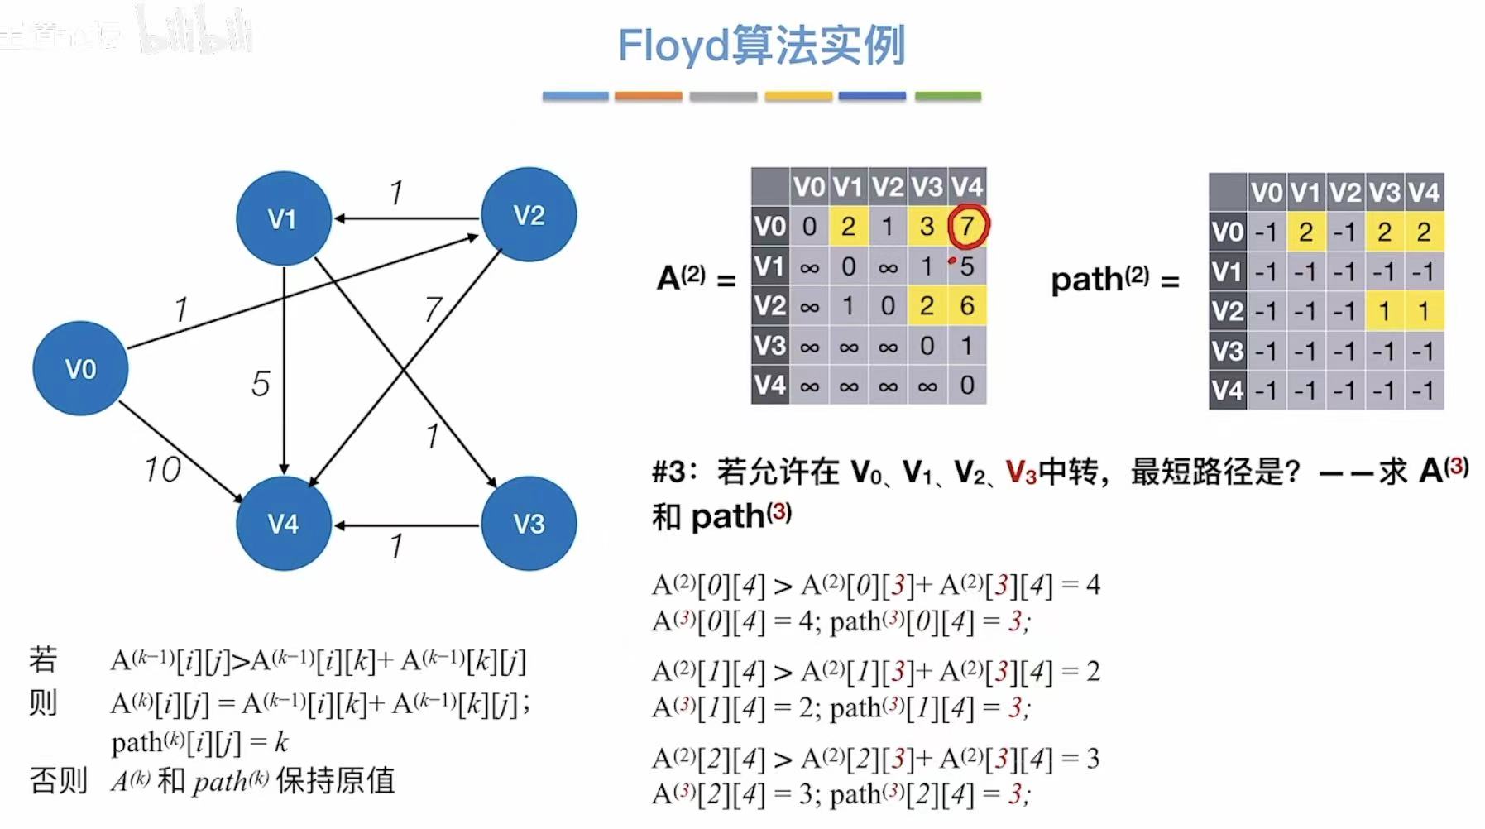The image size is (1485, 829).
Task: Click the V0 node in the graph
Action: coord(80,368)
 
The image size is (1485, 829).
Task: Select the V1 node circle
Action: coord(283,218)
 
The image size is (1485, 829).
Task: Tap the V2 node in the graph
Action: coord(529,215)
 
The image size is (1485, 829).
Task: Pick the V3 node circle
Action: coord(529,523)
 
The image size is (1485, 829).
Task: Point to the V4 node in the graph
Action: coord(283,523)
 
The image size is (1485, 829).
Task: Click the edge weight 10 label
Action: coord(162,469)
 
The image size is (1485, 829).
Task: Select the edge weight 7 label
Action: coord(433,309)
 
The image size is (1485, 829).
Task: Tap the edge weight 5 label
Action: coord(261,383)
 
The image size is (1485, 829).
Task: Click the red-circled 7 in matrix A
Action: coord(966,226)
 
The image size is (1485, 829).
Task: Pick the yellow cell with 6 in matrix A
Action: coord(966,306)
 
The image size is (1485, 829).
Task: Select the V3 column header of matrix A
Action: coord(927,187)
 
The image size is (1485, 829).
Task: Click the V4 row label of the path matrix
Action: coord(1227,390)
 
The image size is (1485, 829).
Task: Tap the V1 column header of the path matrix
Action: coord(1305,193)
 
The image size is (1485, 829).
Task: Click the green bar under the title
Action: coord(948,97)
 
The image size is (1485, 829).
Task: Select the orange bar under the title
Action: coord(648,97)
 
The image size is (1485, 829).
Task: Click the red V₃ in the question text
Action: coord(1021,472)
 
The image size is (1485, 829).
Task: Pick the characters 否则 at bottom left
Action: coord(58,780)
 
